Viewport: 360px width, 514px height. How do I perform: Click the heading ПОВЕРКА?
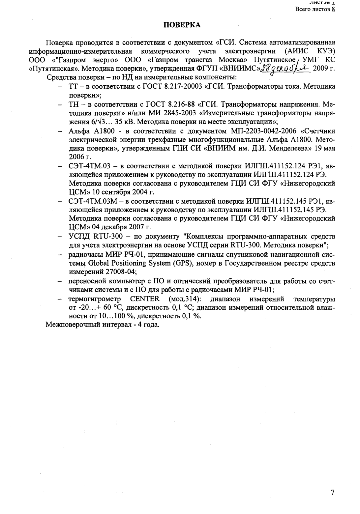pyautogui.click(x=182, y=25)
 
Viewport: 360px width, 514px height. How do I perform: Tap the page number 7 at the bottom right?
pyautogui.click(x=333, y=492)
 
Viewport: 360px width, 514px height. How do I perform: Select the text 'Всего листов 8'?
pyautogui.click(x=315, y=9)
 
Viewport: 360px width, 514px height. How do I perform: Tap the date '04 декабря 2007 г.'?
pyautogui.click(x=123, y=227)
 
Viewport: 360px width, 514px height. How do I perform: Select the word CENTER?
pyautogui.click(x=145, y=299)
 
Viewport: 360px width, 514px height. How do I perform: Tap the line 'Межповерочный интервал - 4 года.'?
pyautogui.click(x=103, y=325)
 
